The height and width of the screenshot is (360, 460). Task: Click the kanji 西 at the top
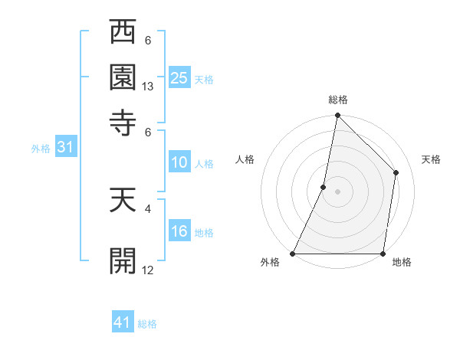click(x=123, y=34)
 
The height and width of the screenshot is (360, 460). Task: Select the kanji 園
click(x=123, y=77)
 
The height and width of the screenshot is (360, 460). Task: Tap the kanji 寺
click(x=123, y=121)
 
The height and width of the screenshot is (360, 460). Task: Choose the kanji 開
click(x=123, y=260)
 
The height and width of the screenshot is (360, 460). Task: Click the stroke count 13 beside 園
click(x=148, y=87)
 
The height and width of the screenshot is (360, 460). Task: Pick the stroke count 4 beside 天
click(x=148, y=207)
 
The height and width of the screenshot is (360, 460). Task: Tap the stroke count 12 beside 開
click(x=148, y=270)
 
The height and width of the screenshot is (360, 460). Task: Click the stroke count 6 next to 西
click(x=148, y=40)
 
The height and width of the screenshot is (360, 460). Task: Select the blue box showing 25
click(x=179, y=77)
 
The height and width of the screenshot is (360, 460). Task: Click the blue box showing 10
click(x=179, y=162)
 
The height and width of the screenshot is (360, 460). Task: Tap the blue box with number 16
click(x=179, y=231)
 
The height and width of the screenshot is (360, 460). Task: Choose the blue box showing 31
click(x=64, y=147)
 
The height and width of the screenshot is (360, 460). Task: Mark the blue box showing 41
click(x=122, y=322)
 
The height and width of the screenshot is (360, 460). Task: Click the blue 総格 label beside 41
click(x=147, y=324)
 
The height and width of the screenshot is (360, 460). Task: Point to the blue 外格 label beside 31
click(x=41, y=149)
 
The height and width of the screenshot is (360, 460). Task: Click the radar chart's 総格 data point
click(x=337, y=116)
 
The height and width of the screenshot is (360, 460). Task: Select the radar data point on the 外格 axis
click(x=293, y=254)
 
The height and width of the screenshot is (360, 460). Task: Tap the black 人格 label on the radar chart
click(x=245, y=159)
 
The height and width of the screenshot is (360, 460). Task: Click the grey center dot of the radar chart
click(x=337, y=191)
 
